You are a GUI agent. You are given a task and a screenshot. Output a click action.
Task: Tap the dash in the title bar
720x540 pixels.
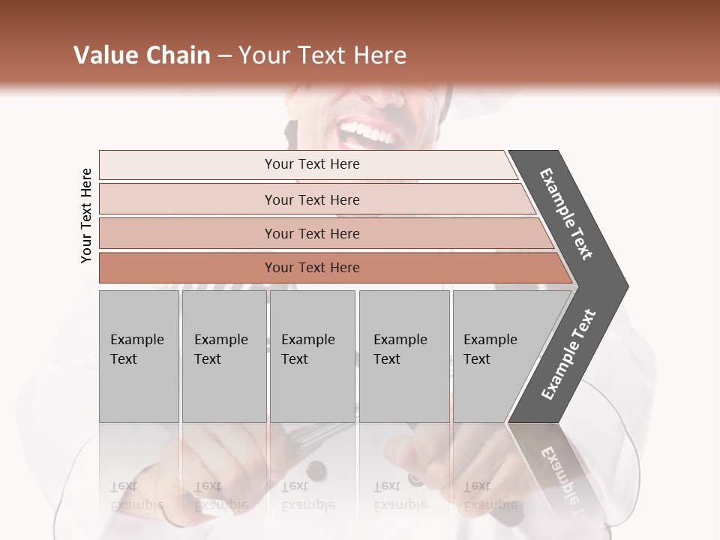pos(224,56)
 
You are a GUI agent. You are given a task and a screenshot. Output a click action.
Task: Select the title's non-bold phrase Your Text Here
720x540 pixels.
pos(322,55)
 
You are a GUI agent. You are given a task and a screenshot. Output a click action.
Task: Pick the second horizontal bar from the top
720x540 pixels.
pos(311,199)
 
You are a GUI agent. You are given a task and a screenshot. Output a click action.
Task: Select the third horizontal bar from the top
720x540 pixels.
pos(311,233)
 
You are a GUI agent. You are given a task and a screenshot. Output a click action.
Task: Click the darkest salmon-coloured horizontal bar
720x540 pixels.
pos(311,268)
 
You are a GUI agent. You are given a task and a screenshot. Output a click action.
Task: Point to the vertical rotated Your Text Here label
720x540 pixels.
pos(86,215)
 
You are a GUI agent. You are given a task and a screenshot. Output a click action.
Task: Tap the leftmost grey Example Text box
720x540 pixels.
pos(139,356)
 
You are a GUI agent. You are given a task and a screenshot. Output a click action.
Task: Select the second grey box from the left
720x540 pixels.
pos(223,356)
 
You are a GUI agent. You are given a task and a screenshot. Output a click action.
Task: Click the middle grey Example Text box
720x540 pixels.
pos(312,356)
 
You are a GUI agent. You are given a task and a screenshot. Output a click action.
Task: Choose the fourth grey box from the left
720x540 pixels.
pos(403,356)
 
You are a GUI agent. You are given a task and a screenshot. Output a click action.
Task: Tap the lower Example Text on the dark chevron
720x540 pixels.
pos(568,355)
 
